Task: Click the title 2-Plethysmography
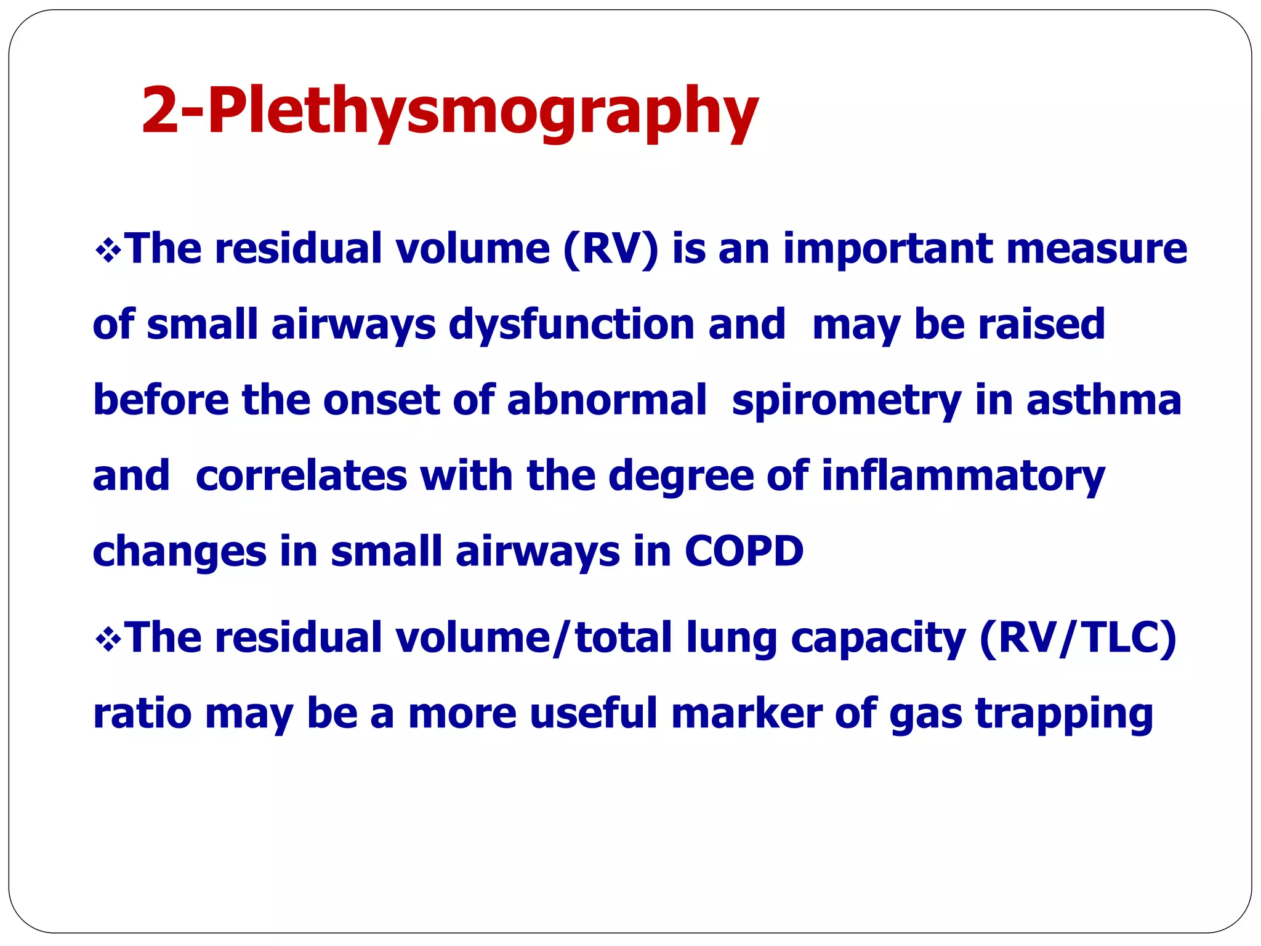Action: pyautogui.click(x=449, y=111)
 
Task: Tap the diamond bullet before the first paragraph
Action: pyautogui.click(x=108, y=251)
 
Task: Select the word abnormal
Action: pyautogui.click(x=606, y=400)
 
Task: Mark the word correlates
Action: pyautogui.click(x=301, y=476)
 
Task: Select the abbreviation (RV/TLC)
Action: pyautogui.click(x=1078, y=639)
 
